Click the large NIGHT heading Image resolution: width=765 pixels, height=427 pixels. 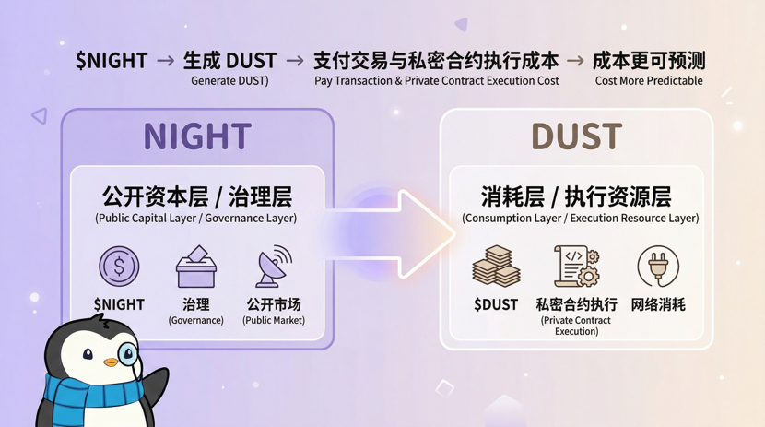click(196, 136)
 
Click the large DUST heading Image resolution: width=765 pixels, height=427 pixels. click(576, 136)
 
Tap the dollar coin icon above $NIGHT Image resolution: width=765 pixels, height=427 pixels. click(119, 267)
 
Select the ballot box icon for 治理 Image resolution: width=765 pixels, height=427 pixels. click(195, 267)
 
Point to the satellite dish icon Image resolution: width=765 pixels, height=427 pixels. click(273, 267)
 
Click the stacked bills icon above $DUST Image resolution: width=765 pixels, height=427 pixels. click(496, 267)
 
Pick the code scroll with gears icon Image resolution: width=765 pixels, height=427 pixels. click(577, 267)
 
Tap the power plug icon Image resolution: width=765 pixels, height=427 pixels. click(658, 267)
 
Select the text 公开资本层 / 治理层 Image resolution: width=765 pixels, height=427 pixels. click(196, 196)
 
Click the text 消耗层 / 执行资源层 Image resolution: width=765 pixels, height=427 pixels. click(576, 196)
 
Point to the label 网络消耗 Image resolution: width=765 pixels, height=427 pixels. click(658, 304)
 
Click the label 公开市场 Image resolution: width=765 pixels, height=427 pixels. click(273, 303)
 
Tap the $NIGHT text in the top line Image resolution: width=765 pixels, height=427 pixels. click(112, 61)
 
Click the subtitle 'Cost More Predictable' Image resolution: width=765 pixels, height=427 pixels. click(649, 81)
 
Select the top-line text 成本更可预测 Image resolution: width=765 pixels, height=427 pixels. click(649, 61)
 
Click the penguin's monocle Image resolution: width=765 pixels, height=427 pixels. click(128, 352)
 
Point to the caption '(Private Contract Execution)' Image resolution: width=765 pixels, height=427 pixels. click(576, 326)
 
